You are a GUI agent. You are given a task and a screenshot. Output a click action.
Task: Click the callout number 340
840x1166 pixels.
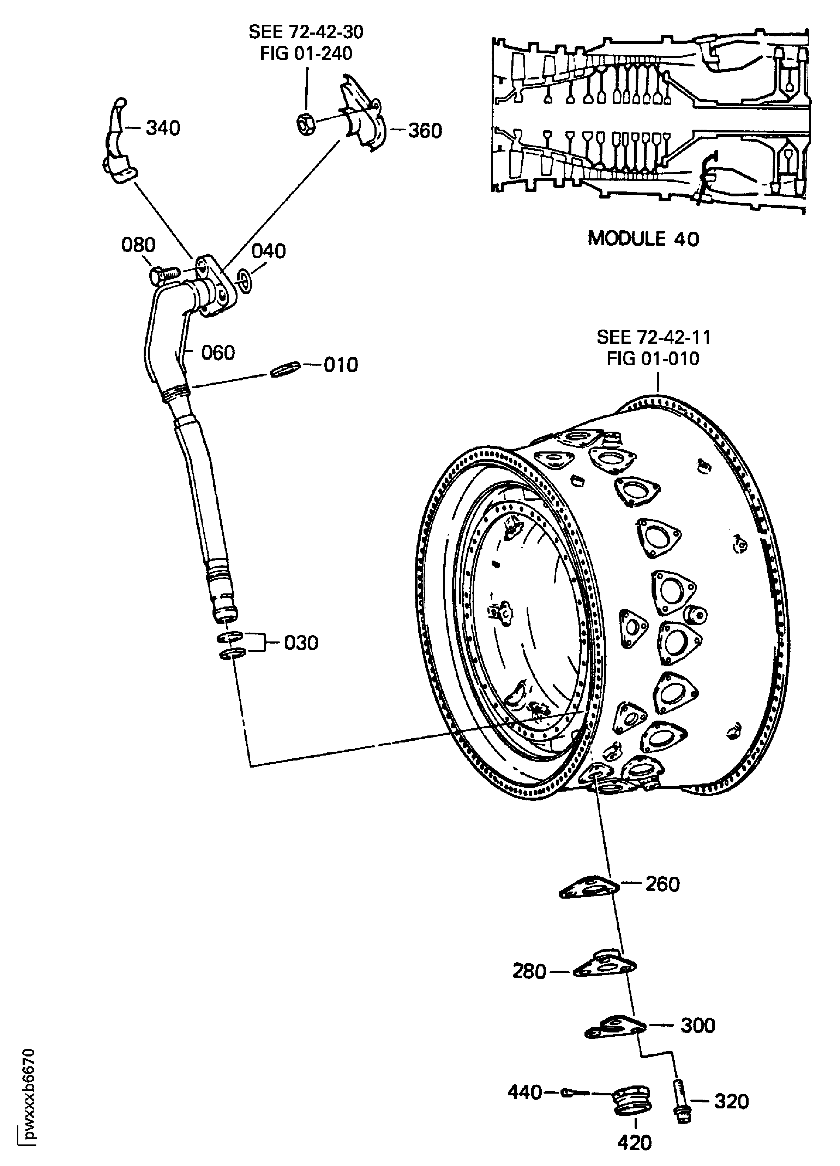pos(163,128)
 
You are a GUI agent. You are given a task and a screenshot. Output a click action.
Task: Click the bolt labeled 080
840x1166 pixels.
pos(163,275)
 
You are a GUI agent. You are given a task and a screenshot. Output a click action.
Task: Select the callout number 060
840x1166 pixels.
pos(218,353)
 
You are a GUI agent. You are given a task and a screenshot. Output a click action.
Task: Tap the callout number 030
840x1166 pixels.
pos(301,643)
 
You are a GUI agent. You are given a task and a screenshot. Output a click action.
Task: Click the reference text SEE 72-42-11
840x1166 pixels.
pos(654,337)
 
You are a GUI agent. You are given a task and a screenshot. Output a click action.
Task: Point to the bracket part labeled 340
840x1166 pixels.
pos(118,149)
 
